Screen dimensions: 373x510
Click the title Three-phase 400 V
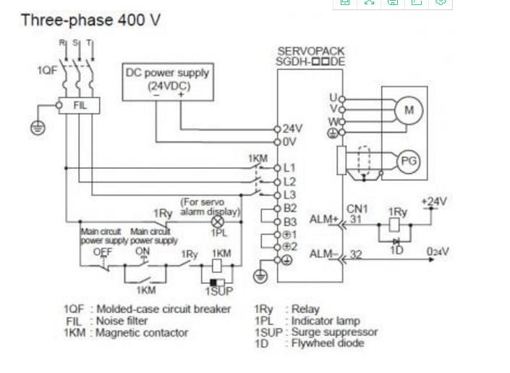pos(90,20)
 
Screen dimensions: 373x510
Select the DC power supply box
pos(167,80)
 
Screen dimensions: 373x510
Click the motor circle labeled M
pos(409,110)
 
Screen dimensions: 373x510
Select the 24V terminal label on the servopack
pos(293,128)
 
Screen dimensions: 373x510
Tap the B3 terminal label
pos(290,222)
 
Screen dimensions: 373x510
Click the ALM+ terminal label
pos(323,218)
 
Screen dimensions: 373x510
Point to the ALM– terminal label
pos(323,253)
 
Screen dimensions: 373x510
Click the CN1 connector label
pos(357,209)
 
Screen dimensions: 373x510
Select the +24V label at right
pos(434,201)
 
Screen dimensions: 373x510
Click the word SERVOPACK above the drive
pos(310,51)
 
